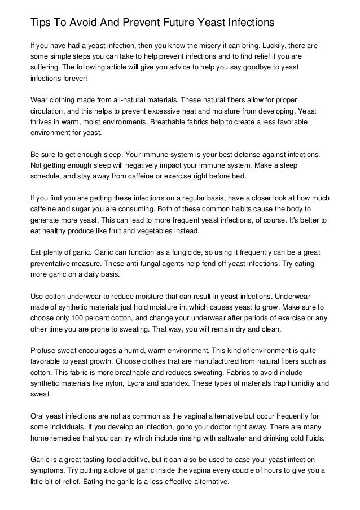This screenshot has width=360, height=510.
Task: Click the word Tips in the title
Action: (x=41, y=23)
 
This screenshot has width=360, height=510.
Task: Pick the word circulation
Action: (x=49, y=111)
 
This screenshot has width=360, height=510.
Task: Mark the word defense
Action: (x=245, y=154)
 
